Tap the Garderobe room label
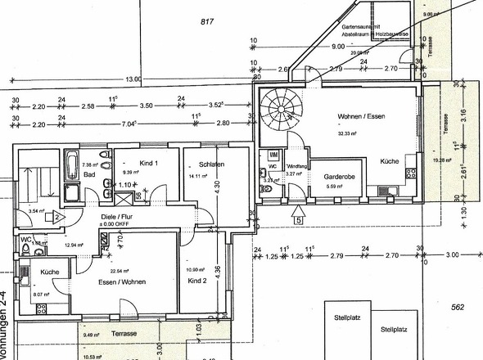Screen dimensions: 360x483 (x=338, y=176)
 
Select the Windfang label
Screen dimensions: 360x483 (x=296, y=165)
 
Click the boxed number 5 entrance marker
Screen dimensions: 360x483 (x=300, y=218)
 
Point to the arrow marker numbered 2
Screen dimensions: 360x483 (x=58, y=216)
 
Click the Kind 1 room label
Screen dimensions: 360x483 (x=148, y=163)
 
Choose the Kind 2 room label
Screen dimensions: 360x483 (x=197, y=281)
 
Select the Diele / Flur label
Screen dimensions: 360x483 (x=111, y=214)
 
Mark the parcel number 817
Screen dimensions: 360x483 (x=206, y=22)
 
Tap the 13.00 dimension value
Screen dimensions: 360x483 (x=134, y=79)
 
